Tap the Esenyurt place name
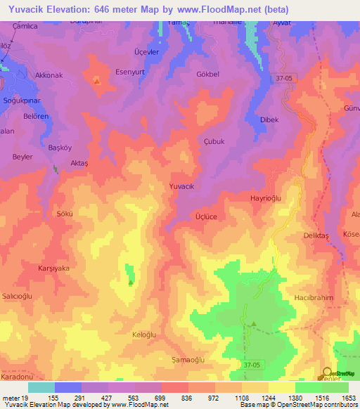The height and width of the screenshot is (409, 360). pos(129,71)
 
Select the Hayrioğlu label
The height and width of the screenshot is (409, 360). pos(266,199)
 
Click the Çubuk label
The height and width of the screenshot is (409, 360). pos(213,141)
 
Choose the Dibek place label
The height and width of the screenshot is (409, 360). pos(269,119)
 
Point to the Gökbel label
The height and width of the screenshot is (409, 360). pos(208,74)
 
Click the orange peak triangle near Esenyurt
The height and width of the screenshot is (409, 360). pos(96,80)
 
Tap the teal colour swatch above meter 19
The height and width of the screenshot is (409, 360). pos(41,387)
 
